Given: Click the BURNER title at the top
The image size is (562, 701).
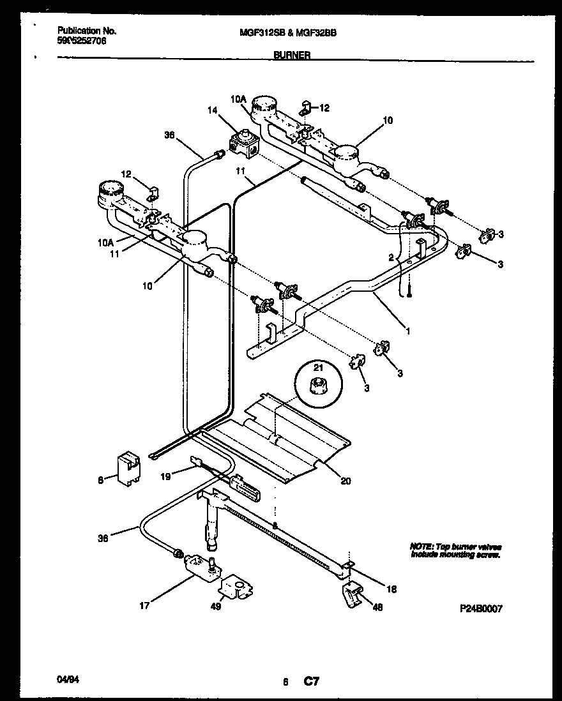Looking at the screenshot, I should pyautogui.click(x=292, y=56).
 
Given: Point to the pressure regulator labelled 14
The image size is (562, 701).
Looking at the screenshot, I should pyautogui.click(x=242, y=143).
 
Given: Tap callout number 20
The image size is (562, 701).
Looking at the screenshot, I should pyautogui.click(x=346, y=481).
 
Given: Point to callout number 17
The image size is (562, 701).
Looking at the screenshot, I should pyautogui.click(x=145, y=606).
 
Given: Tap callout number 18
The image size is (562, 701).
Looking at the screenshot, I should pyautogui.click(x=391, y=589).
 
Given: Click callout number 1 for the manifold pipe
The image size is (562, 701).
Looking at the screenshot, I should pyautogui.click(x=407, y=331).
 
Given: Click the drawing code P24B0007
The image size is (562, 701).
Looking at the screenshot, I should pyautogui.click(x=481, y=609).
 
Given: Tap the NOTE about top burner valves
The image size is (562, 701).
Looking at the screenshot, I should pyautogui.click(x=455, y=551).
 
